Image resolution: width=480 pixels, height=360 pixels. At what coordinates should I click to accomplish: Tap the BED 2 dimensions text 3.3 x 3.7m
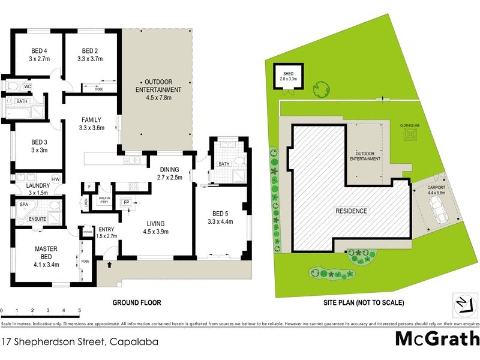pyautogui.click(x=91, y=59)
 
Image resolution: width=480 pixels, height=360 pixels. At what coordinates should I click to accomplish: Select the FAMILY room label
pyautogui.click(x=91, y=119)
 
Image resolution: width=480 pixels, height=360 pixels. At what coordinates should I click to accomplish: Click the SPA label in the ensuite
pyautogui.click(x=24, y=205)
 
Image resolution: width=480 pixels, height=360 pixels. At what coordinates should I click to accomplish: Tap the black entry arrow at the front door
pyautogui.click(x=109, y=264)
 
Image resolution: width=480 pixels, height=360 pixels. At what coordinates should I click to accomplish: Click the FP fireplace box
pyautogui.click(x=127, y=202)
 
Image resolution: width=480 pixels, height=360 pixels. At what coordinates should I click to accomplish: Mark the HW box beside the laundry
pyautogui.click(x=55, y=179)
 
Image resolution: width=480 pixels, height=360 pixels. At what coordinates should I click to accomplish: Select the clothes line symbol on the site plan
pyautogui.click(x=411, y=135)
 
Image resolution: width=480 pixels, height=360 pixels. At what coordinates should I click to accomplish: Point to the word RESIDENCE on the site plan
pyautogui.click(x=351, y=211)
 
